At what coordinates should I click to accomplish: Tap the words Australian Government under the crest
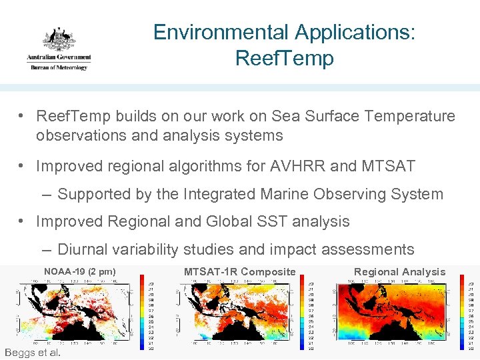tap(59, 58)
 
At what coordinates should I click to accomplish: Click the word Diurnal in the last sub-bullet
tap(83, 249)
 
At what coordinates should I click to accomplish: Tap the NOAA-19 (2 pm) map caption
tap(79, 271)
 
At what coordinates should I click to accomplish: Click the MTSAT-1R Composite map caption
tap(239, 271)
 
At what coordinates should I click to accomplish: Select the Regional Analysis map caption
tap(399, 271)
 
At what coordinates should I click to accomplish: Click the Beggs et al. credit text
tap(32, 352)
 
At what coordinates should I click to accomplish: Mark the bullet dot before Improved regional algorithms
tap(23, 166)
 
